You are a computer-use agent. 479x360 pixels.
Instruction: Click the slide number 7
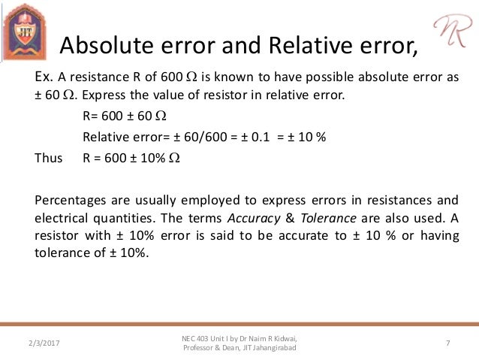click(x=447, y=343)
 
